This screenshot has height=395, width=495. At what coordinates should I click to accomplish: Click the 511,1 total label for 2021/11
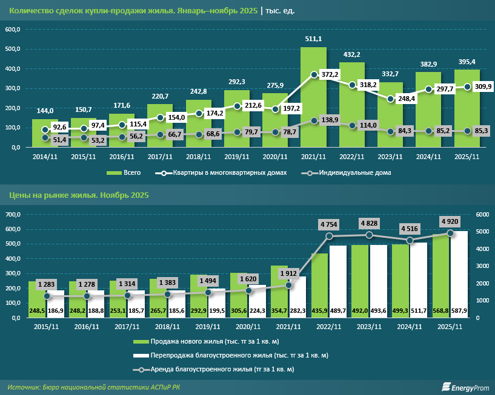tap(314, 39)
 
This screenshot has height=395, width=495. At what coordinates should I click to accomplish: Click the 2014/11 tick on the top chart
tap(45, 157)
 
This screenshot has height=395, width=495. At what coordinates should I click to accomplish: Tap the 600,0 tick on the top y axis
tap(13, 30)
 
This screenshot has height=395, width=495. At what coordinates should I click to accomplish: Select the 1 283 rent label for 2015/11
tap(47, 284)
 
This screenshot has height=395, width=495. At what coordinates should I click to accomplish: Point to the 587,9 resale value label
tap(459, 311)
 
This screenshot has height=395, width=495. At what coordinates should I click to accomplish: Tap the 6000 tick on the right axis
tap(482, 215)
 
